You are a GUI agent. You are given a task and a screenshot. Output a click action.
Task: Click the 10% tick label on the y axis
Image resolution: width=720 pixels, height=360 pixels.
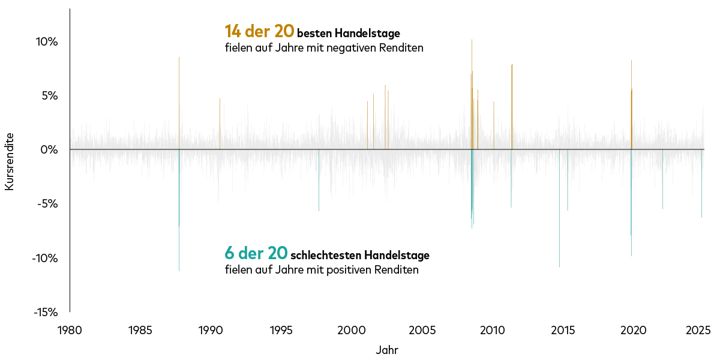46,42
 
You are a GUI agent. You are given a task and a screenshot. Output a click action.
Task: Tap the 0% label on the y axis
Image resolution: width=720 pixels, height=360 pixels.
49,149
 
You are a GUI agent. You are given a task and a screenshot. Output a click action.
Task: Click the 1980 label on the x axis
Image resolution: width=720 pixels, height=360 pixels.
70,330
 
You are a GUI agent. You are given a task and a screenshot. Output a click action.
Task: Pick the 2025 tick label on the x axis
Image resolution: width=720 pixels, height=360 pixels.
698,330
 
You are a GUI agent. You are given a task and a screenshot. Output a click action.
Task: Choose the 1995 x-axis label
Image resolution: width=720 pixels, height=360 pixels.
281,330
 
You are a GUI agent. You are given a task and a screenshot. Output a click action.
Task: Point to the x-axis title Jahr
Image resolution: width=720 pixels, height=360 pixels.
387,350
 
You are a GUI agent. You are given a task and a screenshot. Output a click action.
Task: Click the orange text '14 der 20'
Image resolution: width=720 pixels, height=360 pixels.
259,31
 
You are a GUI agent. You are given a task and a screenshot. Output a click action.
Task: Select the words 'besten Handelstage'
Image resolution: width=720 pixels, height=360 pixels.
348,32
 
